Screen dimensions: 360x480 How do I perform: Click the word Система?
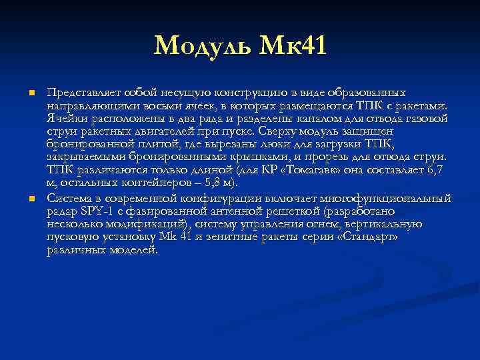69,198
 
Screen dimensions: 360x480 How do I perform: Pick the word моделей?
134,250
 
